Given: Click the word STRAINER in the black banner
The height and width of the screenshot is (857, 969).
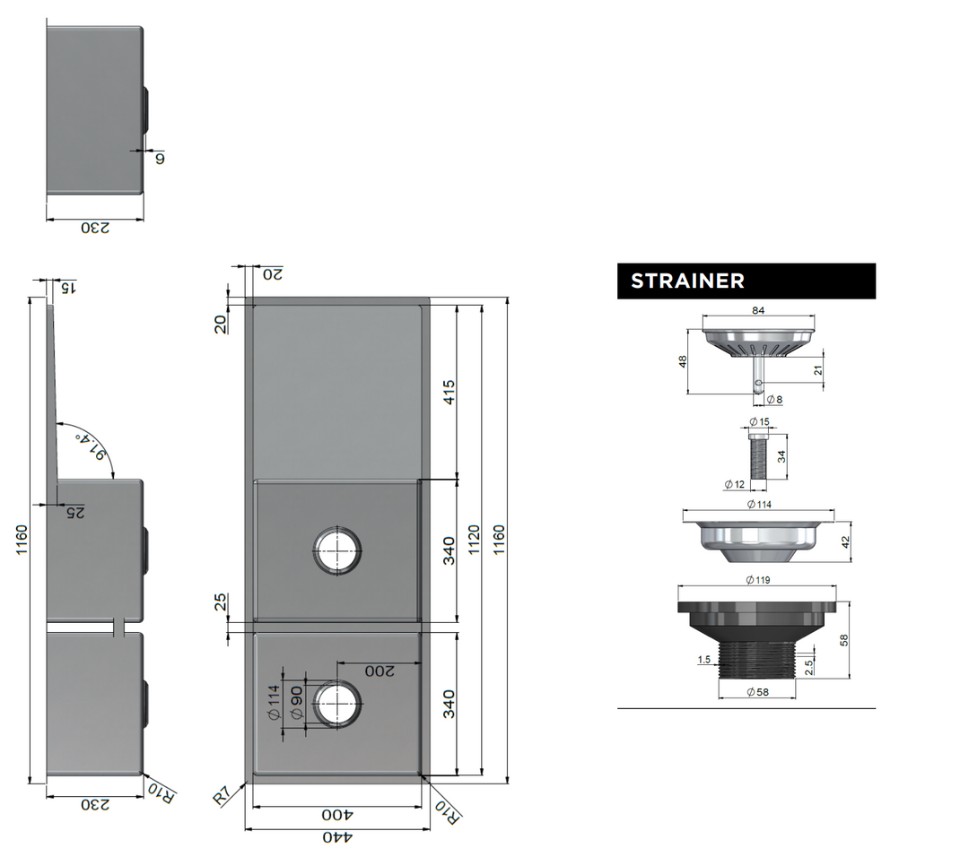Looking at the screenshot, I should point(687,281).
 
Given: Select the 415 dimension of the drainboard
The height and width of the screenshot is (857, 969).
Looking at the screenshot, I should point(450,392).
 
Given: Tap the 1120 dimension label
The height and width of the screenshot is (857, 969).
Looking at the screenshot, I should point(475,541).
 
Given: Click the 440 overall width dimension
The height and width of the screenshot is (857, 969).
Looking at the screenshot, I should point(336,837).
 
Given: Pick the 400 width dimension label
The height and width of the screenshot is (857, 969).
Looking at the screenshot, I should point(336,816).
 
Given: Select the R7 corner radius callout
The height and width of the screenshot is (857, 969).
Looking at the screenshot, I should point(223,795).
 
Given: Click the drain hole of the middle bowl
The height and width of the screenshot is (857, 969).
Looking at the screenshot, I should point(336,550).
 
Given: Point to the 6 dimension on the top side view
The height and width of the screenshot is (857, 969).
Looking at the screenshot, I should point(159,158).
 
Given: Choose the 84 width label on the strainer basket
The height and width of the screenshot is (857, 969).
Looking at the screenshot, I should point(758,311).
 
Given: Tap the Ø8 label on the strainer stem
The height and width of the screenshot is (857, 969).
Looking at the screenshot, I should point(773,399).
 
